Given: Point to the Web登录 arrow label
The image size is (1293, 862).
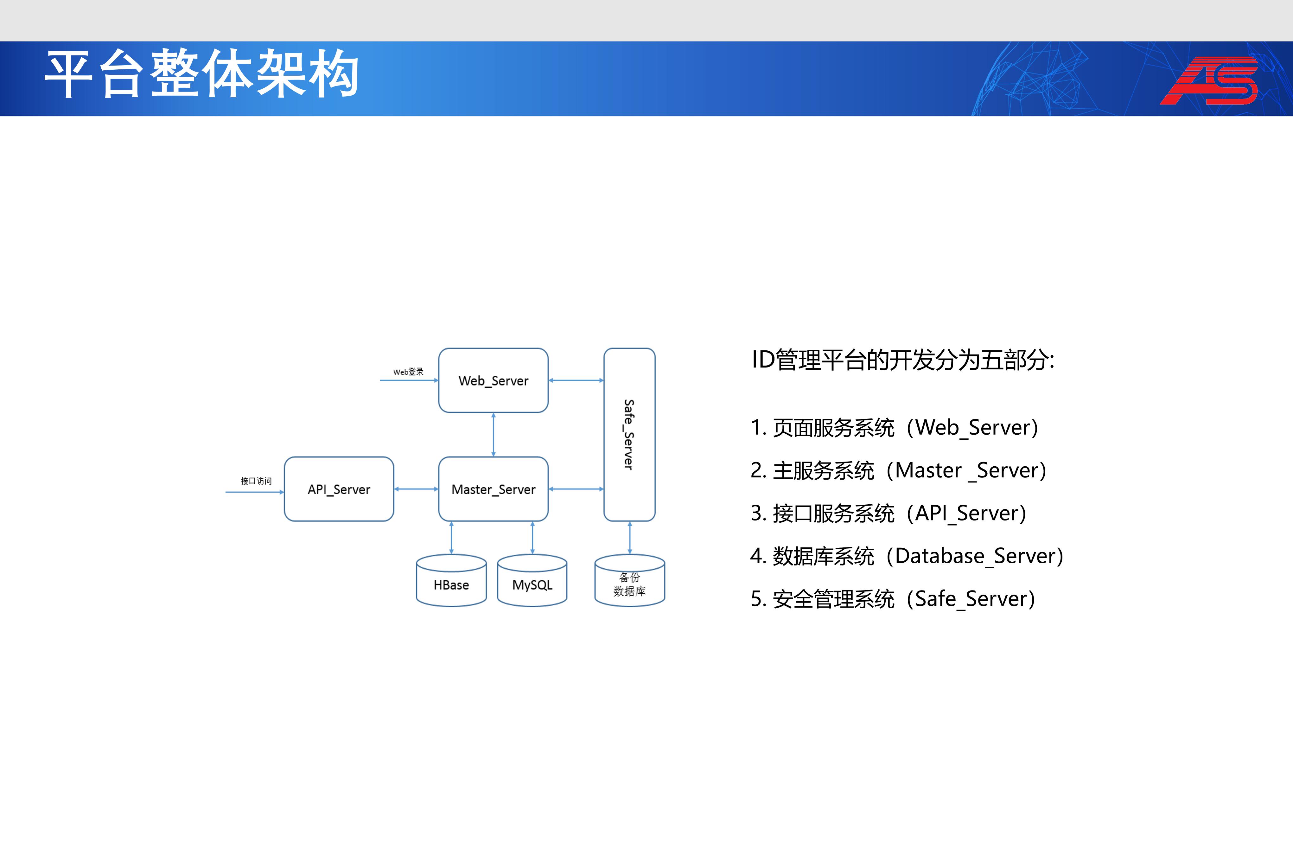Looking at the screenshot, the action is point(408,372).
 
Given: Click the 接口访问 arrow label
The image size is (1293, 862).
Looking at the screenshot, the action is point(256,481).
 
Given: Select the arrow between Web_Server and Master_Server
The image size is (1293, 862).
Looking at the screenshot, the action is point(494,434).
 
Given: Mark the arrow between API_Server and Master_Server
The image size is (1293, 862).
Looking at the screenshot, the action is point(416,489).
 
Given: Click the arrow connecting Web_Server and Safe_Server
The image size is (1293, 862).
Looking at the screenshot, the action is point(576,380).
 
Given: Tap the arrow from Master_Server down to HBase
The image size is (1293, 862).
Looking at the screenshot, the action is point(451,538).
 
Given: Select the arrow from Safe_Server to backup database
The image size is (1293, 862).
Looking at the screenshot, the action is point(630,538).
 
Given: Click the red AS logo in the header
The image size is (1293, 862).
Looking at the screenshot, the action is point(1209,80).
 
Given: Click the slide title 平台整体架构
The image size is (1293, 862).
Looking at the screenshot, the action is point(202,74).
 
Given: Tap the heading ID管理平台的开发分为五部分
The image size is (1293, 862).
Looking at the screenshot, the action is point(903,360).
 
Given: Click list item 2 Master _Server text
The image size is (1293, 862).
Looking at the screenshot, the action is point(898,470).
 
